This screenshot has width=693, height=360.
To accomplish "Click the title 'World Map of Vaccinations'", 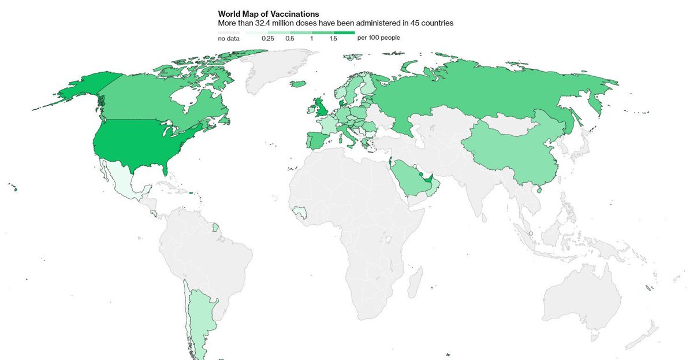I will point(269,13).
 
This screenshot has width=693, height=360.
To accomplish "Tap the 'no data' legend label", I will point(229,38).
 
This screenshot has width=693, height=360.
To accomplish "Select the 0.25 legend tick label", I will point(267,38).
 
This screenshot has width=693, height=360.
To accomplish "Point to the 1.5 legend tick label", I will point(333,38).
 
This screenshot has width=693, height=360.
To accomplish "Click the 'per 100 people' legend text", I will point(379,38).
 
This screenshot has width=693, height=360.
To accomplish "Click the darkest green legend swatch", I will point(344,32).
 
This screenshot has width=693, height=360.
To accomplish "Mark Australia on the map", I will point(583,300).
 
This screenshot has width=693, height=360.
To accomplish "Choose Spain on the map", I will point(318,140).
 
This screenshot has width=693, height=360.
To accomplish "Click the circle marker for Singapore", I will point(531,234).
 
